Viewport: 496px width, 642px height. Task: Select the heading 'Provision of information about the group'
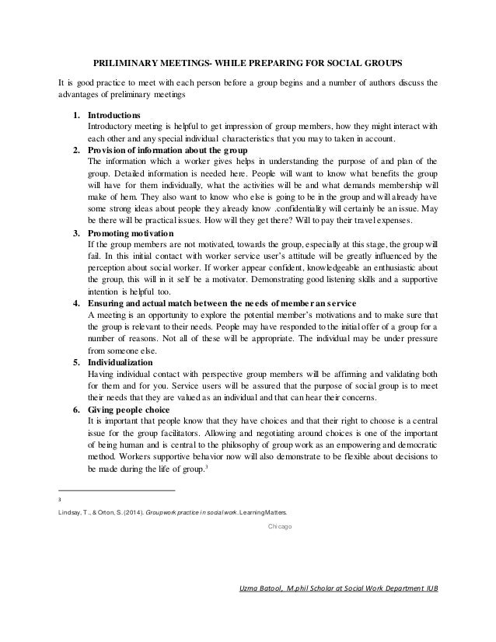click(x=166, y=149)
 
